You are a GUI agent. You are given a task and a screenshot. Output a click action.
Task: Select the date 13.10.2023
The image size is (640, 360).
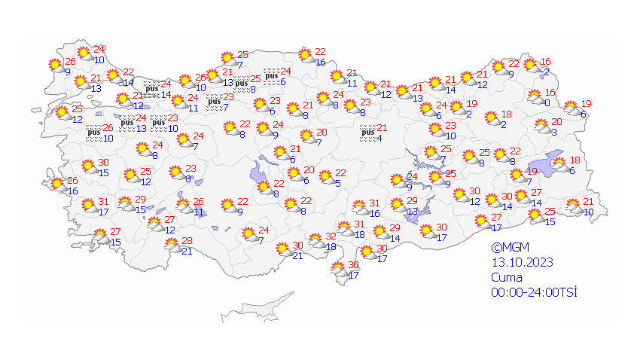(x=521, y=262)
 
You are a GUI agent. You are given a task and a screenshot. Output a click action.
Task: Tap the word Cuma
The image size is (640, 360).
(x=502, y=277)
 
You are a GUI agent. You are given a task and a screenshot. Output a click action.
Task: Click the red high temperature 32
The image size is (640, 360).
(x=330, y=237)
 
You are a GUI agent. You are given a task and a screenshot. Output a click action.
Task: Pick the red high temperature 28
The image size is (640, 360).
(x=187, y=241)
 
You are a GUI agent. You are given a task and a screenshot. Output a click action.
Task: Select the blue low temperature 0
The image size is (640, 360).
(x=547, y=103)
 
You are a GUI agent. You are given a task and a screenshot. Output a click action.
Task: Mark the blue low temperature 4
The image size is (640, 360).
(x=379, y=138)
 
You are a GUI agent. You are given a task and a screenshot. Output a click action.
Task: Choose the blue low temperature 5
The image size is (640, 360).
(x=338, y=183)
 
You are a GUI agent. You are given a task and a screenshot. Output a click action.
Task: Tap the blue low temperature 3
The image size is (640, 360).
(x=553, y=133)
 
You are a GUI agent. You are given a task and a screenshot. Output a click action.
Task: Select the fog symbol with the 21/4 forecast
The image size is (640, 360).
(x=367, y=133)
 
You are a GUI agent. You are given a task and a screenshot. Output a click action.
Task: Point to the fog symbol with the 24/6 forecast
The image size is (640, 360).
(x=271, y=75)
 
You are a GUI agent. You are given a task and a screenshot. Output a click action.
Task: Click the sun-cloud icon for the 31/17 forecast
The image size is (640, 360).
(x=87, y=205)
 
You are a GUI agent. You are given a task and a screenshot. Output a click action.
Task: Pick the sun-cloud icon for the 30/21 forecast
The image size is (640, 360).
(x=282, y=249)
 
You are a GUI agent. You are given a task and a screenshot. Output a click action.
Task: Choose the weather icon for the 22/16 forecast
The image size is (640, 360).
(x=305, y=55)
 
